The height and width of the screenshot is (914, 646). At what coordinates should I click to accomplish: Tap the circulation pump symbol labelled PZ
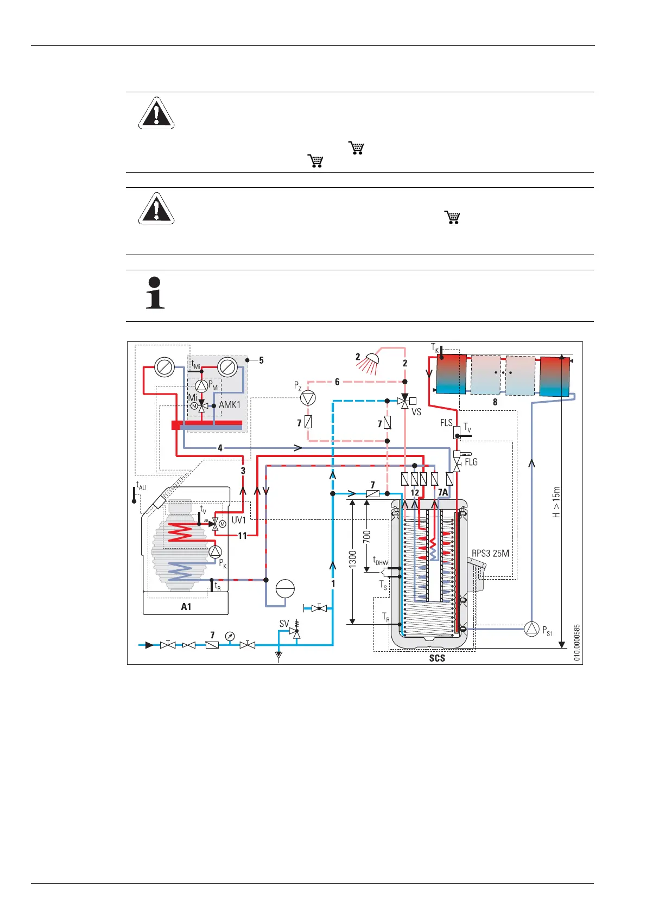[308, 398]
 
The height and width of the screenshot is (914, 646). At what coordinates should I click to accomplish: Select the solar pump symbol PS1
[531, 629]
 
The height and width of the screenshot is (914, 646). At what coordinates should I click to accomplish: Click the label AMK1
[230, 405]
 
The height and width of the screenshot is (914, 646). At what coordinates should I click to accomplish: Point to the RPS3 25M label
[490, 554]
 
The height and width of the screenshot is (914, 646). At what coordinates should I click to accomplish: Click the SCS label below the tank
[437, 658]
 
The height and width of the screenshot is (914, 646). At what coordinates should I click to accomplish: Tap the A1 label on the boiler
[186, 607]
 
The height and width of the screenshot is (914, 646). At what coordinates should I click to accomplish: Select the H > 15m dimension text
[556, 502]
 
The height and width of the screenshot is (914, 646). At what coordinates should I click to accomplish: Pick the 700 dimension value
[368, 537]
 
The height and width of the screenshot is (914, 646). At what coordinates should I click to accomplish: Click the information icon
[155, 293]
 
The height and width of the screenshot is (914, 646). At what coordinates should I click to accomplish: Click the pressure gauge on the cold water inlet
[230, 636]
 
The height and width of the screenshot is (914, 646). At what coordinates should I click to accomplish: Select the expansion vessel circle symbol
[285, 589]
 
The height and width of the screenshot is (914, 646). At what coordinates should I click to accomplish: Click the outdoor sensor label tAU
[141, 486]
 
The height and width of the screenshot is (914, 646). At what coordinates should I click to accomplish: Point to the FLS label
[446, 423]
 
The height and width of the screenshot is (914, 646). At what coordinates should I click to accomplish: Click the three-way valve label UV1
[239, 519]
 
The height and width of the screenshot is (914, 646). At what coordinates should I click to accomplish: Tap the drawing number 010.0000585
[577, 643]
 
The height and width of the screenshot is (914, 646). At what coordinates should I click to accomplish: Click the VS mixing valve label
[416, 412]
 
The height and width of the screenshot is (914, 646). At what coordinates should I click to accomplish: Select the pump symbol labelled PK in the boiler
[215, 552]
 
